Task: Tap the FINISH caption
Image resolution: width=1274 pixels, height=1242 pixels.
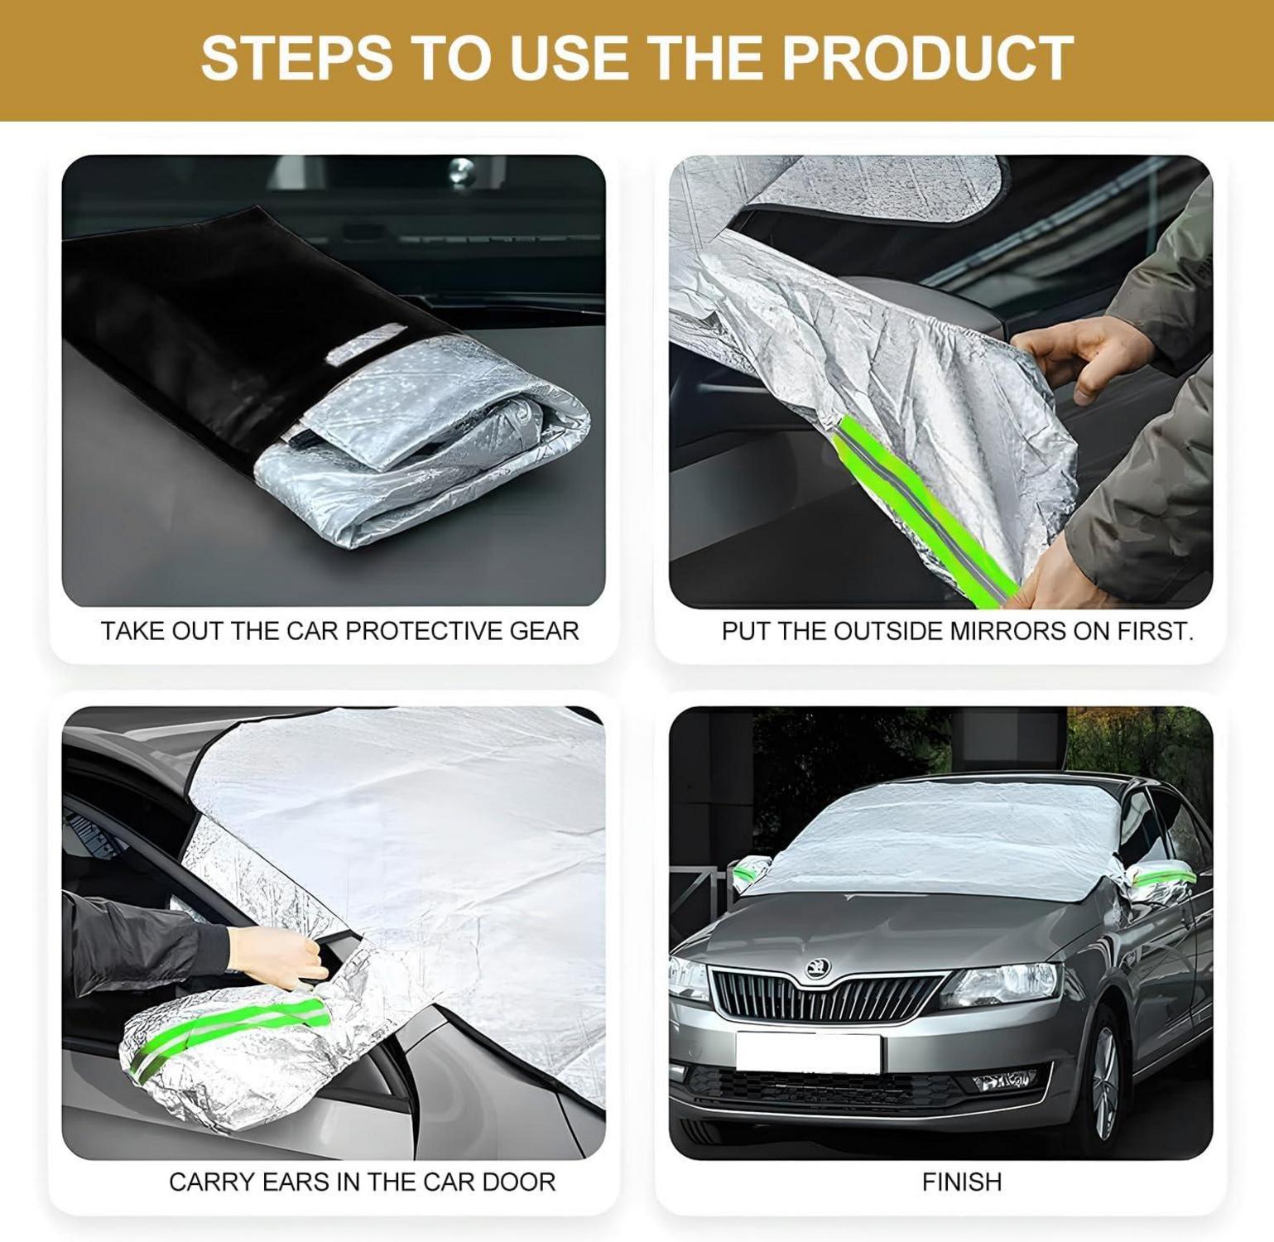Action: point(962,1182)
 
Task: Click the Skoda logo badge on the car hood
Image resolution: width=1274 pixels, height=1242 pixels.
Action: point(818,968)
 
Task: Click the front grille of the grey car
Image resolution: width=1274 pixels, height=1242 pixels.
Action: point(824,996)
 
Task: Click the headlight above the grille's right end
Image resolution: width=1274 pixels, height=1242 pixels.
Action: point(999,985)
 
